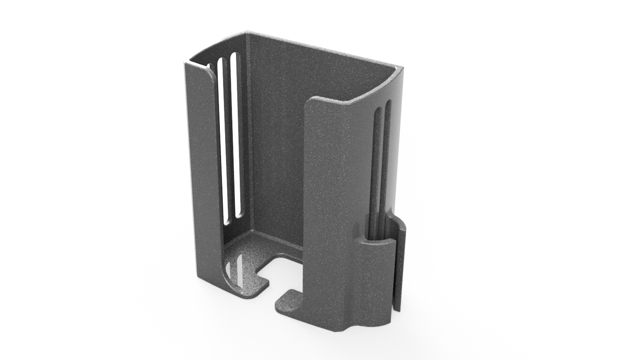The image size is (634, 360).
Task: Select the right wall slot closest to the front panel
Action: tap(378, 167)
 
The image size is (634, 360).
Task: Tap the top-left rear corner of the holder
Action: tap(247, 33)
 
